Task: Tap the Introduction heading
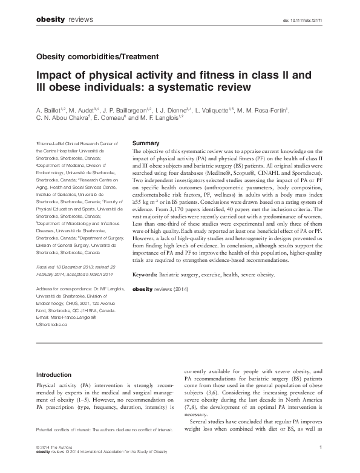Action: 54,374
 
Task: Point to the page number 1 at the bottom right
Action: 319,446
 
